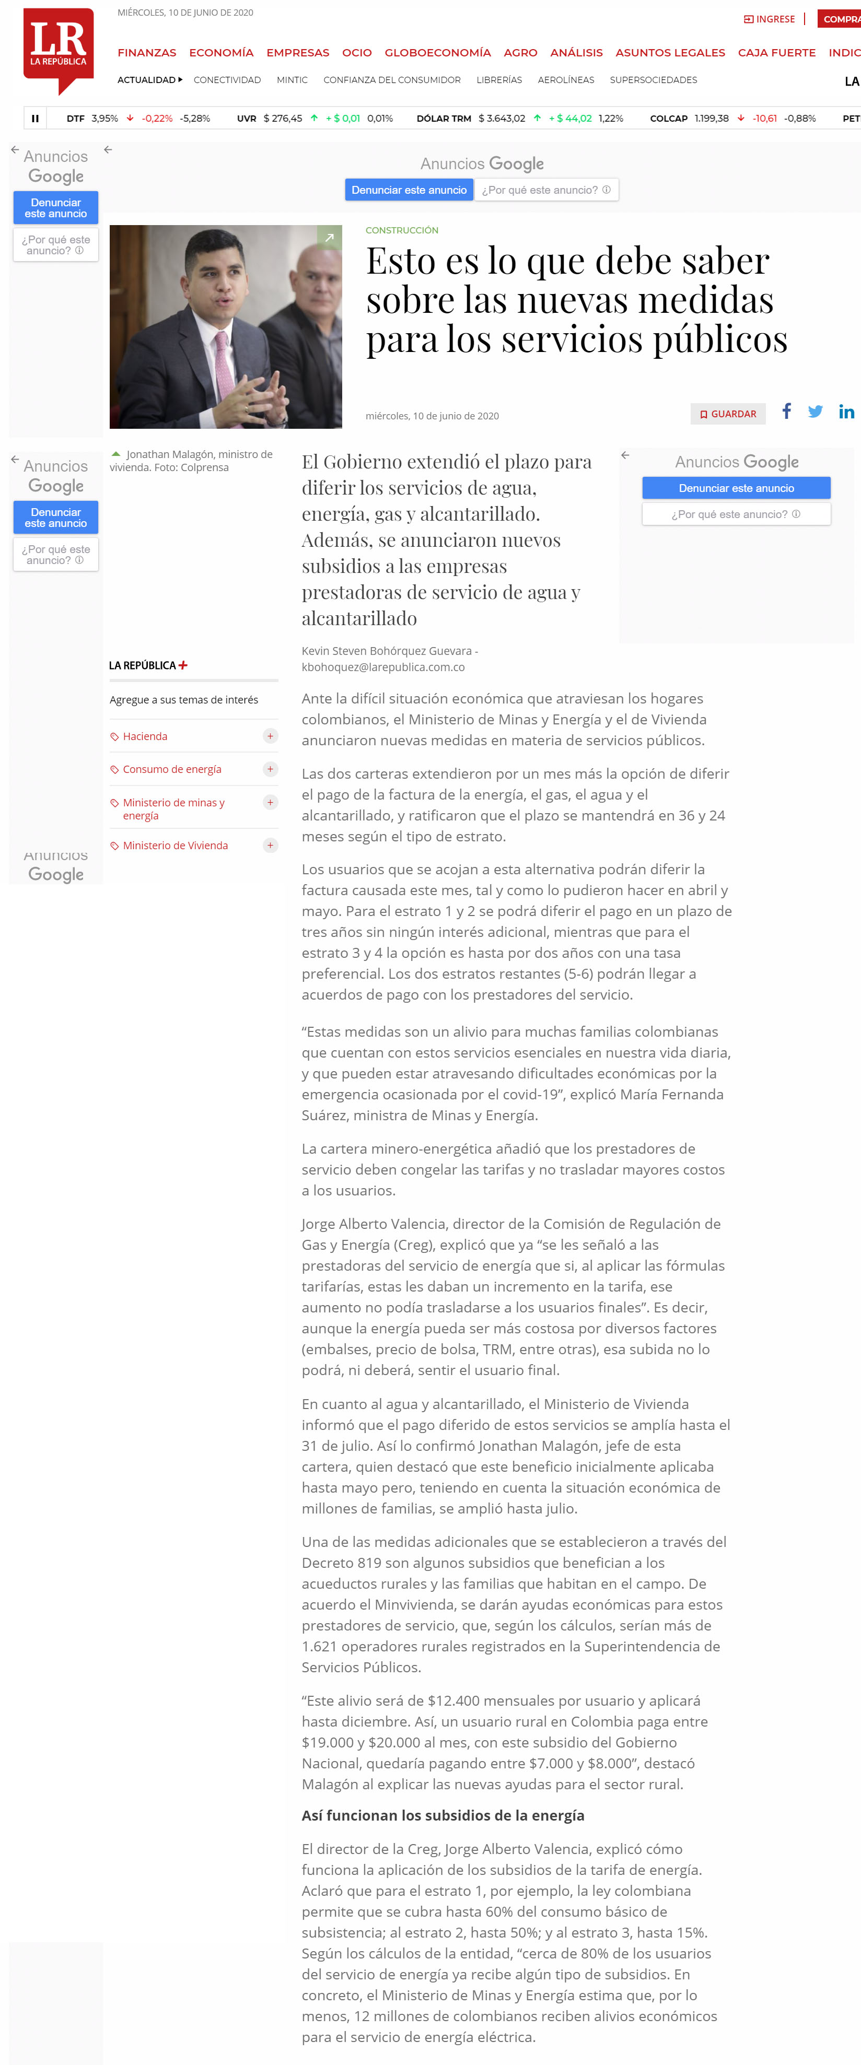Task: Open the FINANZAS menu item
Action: tap(147, 53)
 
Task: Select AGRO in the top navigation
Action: tap(520, 53)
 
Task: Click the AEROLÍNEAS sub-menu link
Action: tap(565, 80)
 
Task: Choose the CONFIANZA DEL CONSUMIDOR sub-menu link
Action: tap(391, 80)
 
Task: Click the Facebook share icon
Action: tap(786, 411)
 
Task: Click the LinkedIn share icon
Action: tap(846, 412)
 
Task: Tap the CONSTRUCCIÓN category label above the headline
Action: tap(402, 230)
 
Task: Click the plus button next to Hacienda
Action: tap(270, 736)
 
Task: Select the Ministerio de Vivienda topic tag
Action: tap(175, 845)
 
